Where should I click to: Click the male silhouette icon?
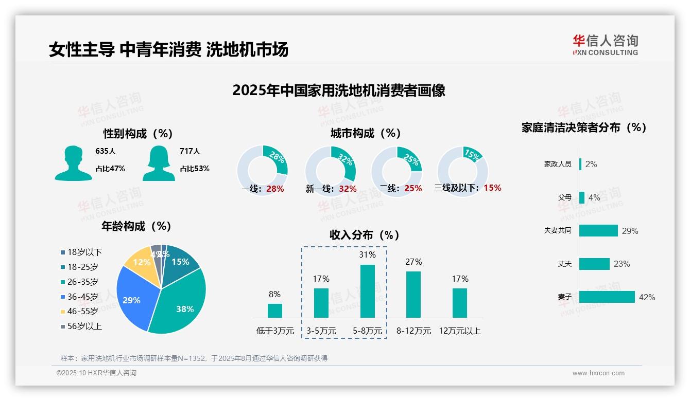(73, 163)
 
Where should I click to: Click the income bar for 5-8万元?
(368, 291)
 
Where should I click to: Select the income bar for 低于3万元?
(275, 311)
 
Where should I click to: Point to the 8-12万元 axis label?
(413, 331)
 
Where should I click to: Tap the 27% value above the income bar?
(413, 262)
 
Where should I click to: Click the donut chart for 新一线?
(331, 171)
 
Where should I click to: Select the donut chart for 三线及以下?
(462, 171)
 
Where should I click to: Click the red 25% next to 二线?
(413, 189)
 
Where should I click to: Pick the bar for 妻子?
(607, 297)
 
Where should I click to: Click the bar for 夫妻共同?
(598, 230)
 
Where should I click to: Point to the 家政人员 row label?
(558, 164)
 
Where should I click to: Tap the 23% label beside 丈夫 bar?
(622, 264)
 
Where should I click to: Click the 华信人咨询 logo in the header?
(605, 45)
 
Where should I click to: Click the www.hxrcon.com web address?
(598, 373)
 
